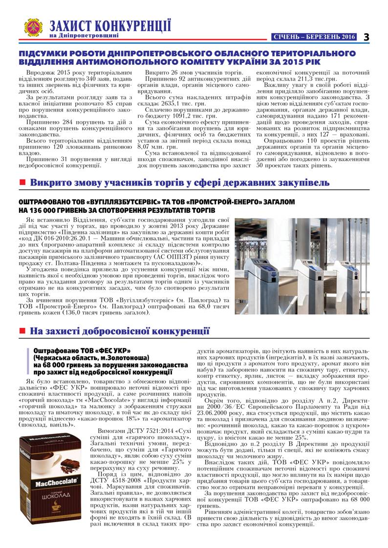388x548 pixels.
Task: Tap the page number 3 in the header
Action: [x=366, y=37]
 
